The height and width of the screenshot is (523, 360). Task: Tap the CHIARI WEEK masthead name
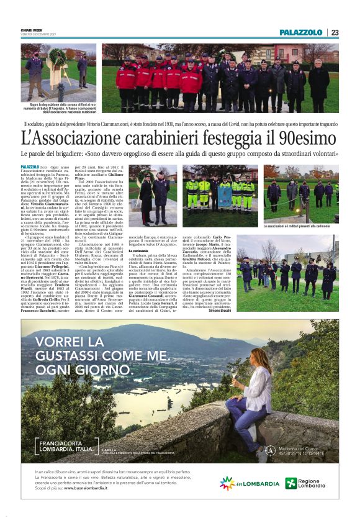(x=32, y=32)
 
